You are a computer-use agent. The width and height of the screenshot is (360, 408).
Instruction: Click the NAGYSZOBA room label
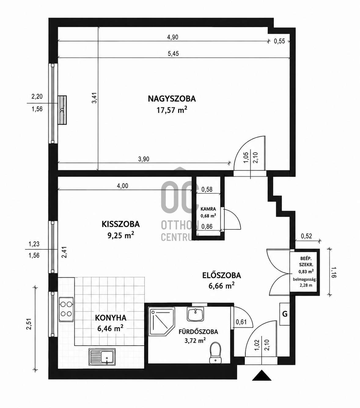point(172,99)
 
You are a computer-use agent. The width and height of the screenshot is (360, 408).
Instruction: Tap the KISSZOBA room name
point(121,224)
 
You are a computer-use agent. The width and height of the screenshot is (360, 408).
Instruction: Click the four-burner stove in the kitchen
point(66,309)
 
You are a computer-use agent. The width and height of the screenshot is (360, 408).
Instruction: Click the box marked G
point(285,314)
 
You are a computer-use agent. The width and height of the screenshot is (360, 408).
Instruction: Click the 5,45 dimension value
point(173,53)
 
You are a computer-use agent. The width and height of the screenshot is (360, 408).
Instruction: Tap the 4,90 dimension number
point(173,37)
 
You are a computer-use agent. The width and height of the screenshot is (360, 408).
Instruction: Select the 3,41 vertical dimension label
point(94,98)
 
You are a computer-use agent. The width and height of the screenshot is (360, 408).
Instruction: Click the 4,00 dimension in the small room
point(123,186)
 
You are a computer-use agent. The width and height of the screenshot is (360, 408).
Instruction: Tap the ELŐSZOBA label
point(222,275)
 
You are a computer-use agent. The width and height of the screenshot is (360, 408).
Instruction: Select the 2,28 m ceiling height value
point(305,285)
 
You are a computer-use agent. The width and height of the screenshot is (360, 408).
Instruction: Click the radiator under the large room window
point(62,110)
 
